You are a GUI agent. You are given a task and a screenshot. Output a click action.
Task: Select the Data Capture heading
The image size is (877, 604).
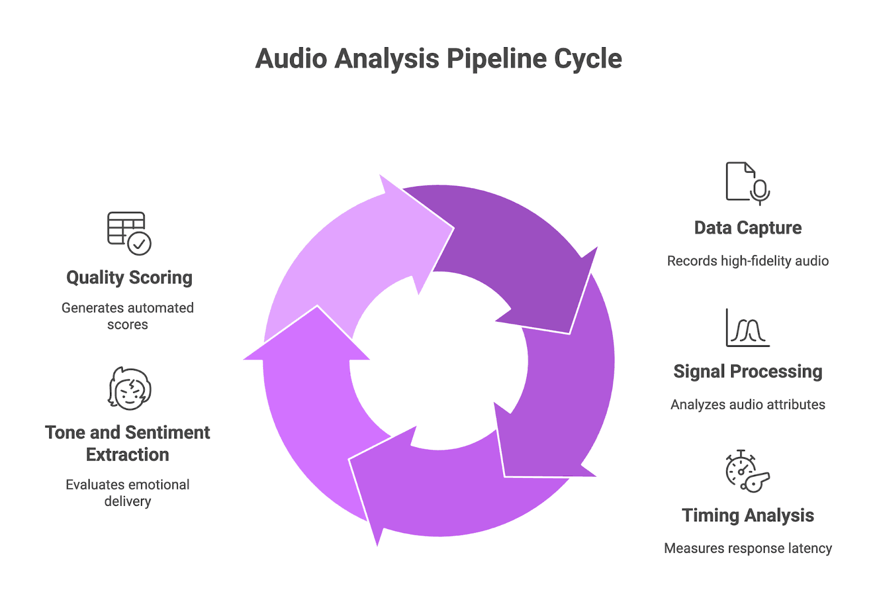click(748, 227)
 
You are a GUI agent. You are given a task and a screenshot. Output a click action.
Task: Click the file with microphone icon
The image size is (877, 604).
click(747, 183)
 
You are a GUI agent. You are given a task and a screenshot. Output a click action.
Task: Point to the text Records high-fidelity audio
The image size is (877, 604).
click(748, 261)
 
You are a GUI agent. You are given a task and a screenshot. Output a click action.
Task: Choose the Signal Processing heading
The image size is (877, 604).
click(748, 372)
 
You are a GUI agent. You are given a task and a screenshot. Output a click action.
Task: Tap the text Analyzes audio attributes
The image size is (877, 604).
click(748, 404)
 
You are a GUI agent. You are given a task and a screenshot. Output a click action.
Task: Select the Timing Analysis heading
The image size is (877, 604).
click(748, 515)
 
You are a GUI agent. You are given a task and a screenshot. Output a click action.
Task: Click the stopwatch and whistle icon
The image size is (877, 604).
click(747, 471)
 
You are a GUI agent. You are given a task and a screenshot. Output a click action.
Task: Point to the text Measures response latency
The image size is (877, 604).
click(748, 548)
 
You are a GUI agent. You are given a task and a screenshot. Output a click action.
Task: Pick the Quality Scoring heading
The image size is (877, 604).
click(129, 277)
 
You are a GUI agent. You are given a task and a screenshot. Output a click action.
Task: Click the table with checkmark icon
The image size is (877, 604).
click(129, 233)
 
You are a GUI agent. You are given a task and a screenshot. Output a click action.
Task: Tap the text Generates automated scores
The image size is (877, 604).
click(128, 316)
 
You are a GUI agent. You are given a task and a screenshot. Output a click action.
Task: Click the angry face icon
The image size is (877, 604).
click(129, 389)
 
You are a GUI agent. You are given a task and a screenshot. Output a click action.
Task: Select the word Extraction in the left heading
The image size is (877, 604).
click(128, 455)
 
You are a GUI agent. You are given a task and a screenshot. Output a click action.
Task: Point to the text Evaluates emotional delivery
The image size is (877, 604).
click(128, 493)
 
